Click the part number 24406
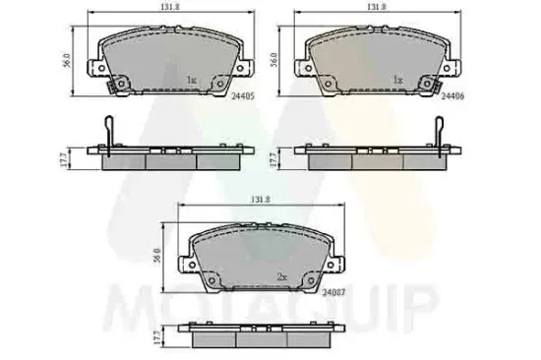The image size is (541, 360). click(452, 96)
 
